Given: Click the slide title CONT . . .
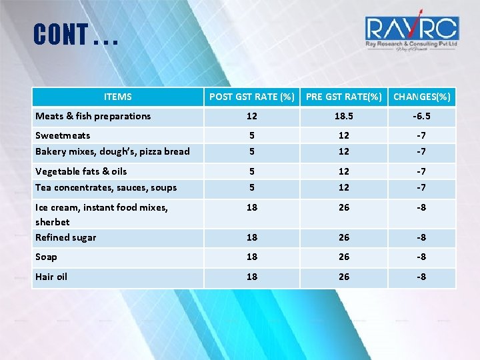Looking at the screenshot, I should (75, 35).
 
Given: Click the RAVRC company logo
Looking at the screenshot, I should (411, 31).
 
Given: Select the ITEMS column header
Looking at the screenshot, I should (118, 97).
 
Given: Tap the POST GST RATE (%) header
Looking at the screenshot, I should (251, 97).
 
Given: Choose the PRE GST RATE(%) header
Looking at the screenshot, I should (343, 97).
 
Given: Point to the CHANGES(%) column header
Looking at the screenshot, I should (421, 97).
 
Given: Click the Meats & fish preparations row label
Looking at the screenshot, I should (93, 116).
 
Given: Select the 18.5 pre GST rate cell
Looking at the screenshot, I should (343, 116).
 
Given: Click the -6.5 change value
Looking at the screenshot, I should (421, 116).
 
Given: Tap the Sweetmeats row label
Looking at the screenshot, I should (63, 135).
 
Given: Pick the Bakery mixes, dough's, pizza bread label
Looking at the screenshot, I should (113, 151).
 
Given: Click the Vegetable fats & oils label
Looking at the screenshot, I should (81, 171).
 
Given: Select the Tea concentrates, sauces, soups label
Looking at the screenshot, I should (106, 187).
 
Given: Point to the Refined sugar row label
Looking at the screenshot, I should (66, 237).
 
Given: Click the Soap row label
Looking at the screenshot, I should (47, 257).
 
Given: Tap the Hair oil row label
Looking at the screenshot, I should (51, 277).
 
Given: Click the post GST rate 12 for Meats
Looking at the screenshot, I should (251, 116).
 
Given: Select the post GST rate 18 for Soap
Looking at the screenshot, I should (251, 257).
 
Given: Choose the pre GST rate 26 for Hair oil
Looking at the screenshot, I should (343, 277).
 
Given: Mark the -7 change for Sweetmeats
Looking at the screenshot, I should (421, 135).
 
